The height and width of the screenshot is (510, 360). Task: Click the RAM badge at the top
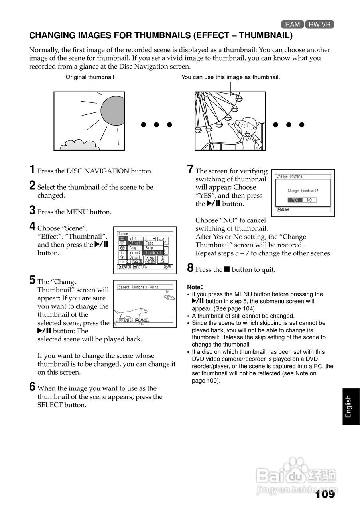pos(292,24)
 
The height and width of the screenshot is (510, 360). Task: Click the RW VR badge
pos(320,24)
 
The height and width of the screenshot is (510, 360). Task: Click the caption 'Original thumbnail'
pos(90,77)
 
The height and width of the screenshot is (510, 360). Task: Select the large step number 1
pos(32,169)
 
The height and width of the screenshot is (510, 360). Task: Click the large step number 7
pos(191,169)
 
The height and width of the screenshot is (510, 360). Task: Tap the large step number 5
pos(32,280)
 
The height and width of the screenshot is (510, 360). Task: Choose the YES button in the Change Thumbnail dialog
pos(295,200)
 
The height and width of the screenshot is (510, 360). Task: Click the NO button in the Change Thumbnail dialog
pos(309,200)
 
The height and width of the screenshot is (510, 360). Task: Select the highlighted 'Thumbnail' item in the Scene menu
pos(153,253)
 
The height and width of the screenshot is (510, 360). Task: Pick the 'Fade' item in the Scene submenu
pos(150,243)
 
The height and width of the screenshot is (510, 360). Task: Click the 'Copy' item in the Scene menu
pos(133,248)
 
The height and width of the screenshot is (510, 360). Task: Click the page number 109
pos(325,494)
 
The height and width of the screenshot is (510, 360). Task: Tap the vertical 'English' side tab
pos(349,406)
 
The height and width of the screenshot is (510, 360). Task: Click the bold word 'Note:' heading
pos(195,287)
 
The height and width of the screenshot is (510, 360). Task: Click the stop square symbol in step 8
pos(227,269)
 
